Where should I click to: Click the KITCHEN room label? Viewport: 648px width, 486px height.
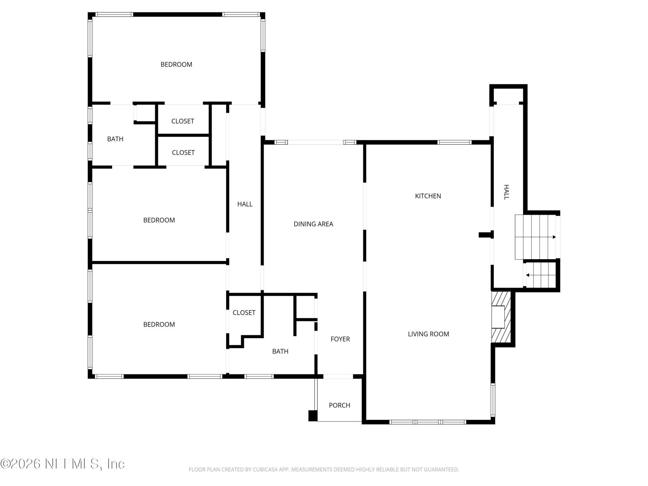(x=428, y=196)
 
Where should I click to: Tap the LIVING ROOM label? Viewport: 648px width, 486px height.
(x=428, y=334)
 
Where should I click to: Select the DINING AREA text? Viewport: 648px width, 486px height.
(x=313, y=224)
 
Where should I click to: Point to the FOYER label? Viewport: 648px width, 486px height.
(x=340, y=339)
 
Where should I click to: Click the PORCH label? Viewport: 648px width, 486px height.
(x=339, y=405)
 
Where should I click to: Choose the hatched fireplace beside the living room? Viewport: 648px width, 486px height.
(x=501, y=317)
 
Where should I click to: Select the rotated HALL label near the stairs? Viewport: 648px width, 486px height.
(x=506, y=192)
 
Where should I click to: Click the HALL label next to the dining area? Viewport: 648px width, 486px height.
(x=245, y=204)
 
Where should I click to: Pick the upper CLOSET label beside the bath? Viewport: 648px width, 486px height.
(x=183, y=121)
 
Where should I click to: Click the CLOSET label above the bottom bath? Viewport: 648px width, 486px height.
(x=244, y=313)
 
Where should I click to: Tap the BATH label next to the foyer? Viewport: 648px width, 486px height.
(x=280, y=352)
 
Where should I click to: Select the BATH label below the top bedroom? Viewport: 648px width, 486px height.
(x=115, y=139)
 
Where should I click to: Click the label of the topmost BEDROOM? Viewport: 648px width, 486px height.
(x=176, y=64)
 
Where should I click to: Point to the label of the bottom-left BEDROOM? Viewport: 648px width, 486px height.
(x=159, y=325)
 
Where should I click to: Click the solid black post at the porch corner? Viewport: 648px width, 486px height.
(x=313, y=415)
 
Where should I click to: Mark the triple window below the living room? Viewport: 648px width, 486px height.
(x=427, y=422)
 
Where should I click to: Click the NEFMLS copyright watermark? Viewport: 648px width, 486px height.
(x=62, y=464)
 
